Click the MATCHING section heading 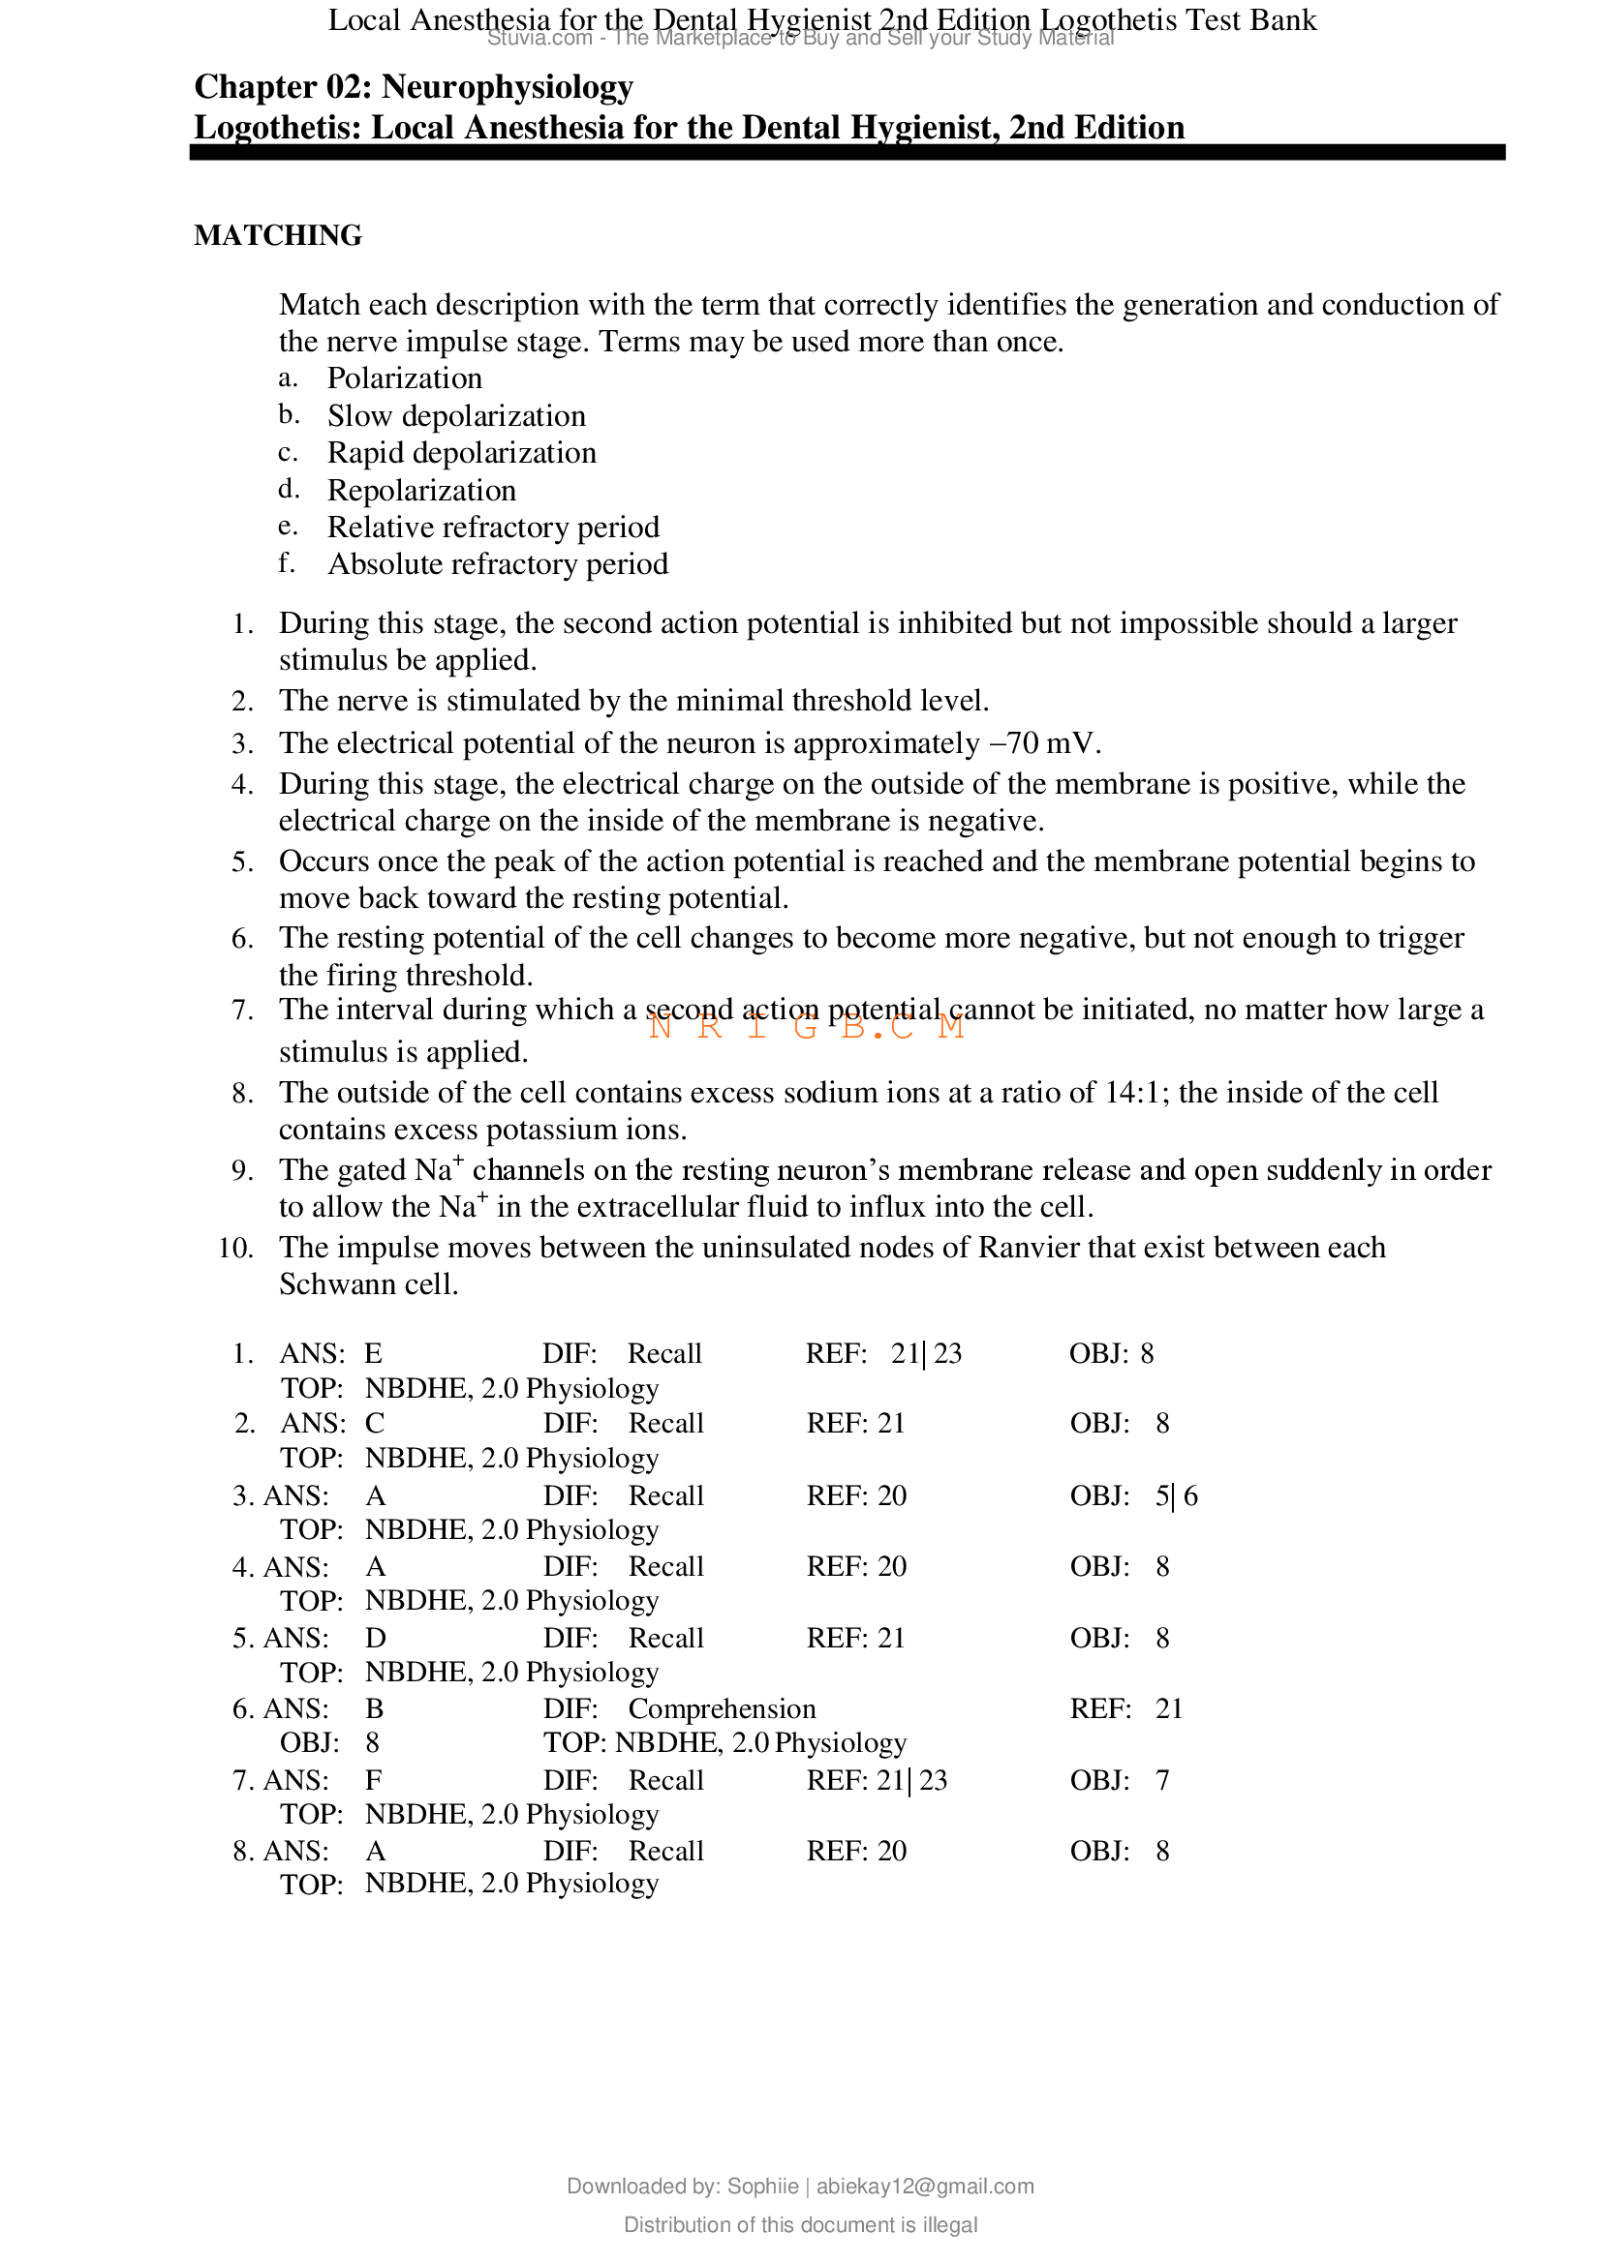point(277,235)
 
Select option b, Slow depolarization point(456,416)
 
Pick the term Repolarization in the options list point(421,490)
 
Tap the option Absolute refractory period point(497,564)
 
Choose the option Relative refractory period point(493,528)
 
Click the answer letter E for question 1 point(373,1354)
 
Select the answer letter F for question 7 point(373,1780)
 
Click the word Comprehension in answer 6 point(723,1708)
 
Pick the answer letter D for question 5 point(375,1638)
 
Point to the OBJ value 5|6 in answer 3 point(1176,1495)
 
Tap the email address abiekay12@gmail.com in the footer point(924,2187)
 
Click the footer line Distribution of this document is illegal point(800,2224)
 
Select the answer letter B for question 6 point(374,1708)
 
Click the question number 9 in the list point(243,1171)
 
